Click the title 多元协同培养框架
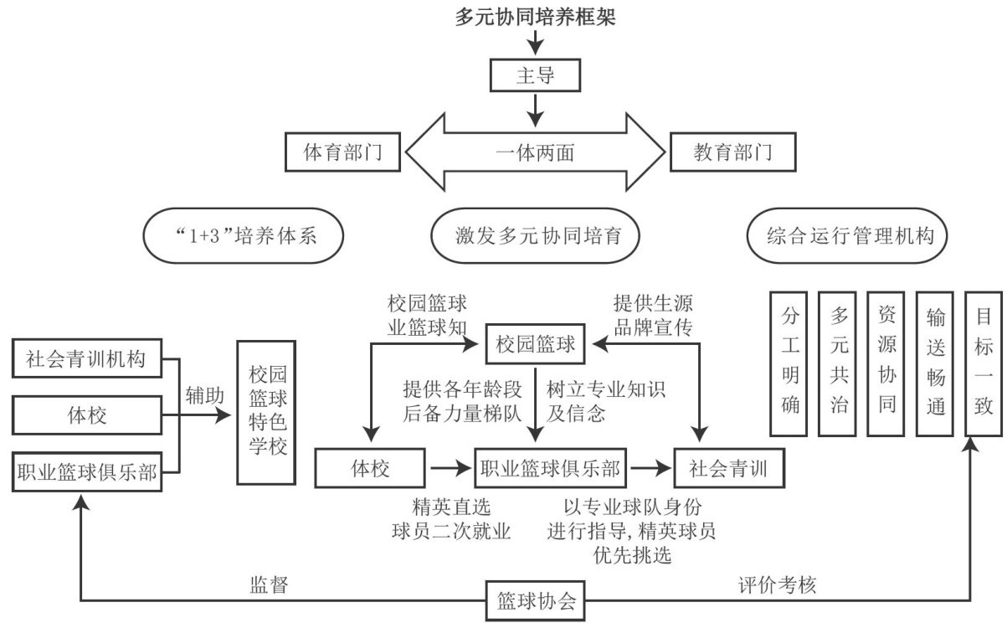tap(536, 16)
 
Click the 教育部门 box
tap(732, 153)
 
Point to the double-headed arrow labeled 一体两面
tap(536, 153)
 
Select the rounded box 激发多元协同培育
tap(536, 237)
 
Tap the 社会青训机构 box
tap(85, 361)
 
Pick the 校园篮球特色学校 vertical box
tap(267, 412)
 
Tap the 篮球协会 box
tap(536, 600)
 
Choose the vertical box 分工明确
tap(789, 363)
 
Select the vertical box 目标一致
tap(984, 363)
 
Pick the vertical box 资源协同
tap(886, 363)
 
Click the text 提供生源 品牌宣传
tap(653, 316)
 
